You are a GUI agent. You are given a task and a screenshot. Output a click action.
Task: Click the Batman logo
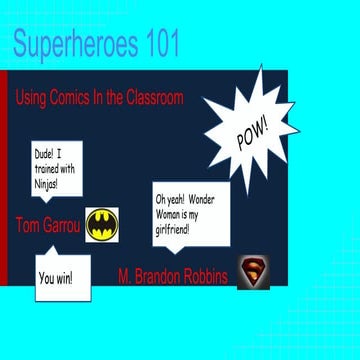point(101,226)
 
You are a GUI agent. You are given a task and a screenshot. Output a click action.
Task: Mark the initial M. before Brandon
point(125,276)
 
